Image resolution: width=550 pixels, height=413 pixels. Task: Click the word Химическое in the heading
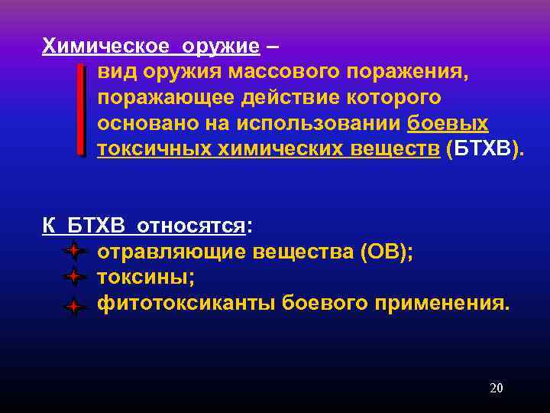pyautogui.click(x=106, y=46)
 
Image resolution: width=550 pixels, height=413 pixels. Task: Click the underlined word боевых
pyautogui.click(x=448, y=124)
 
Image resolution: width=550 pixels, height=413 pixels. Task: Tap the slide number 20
pyautogui.click(x=496, y=389)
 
